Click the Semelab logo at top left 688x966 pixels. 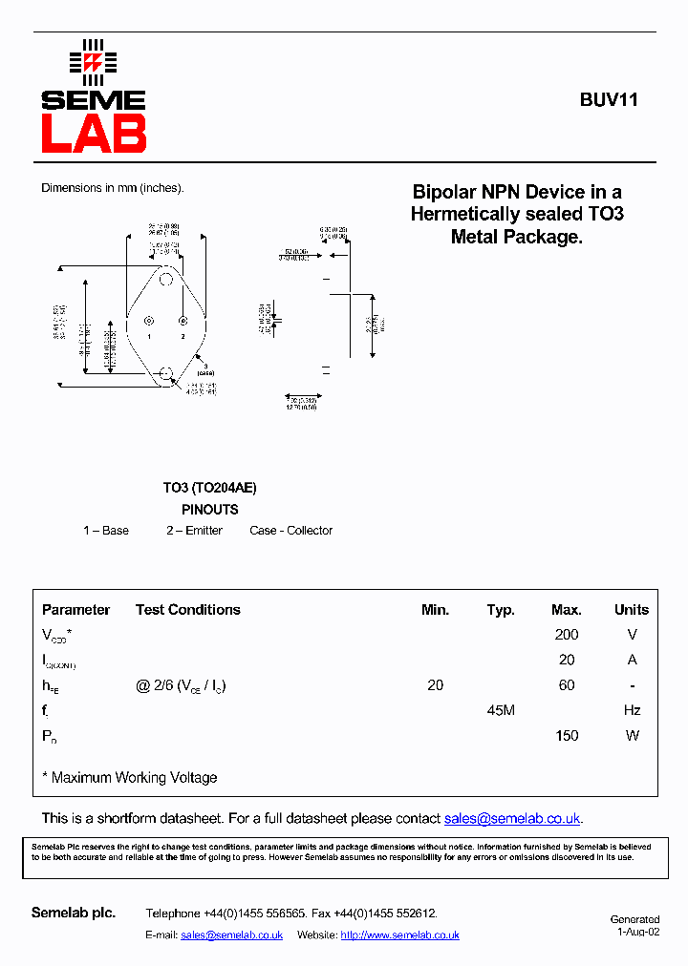(93, 97)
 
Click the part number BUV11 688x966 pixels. (609, 99)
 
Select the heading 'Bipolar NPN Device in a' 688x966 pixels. (517, 192)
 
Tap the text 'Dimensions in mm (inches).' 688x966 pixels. (112, 188)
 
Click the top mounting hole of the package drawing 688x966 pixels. (166, 280)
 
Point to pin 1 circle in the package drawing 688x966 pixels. (149, 322)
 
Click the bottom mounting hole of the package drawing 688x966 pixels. (166, 372)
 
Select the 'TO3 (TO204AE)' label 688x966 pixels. (209, 488)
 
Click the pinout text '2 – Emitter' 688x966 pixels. (194, 531)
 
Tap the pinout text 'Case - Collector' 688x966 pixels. (290, 531)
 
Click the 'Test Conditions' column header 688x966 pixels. (187, 610)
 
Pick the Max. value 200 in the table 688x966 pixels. (567, 635)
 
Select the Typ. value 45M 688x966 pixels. (501, 710)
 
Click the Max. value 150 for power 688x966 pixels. (567, 736)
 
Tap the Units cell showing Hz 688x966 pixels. (632, 710)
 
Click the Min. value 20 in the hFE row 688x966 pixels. (436, 685)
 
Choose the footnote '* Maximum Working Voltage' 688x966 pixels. (130, 778)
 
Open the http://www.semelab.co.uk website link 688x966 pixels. (399, 935)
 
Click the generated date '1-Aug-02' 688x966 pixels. (638, 933)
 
